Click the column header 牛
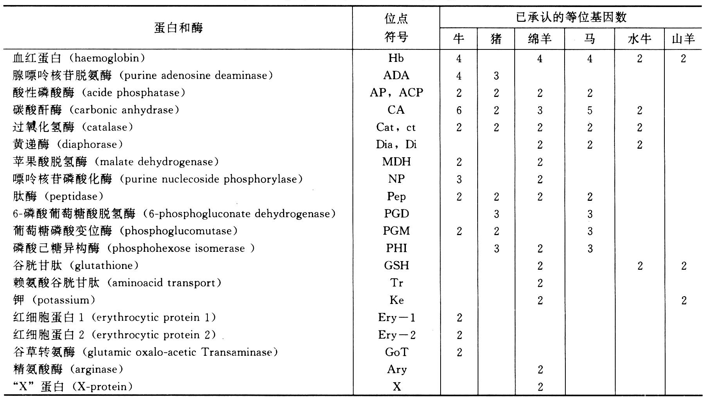pyautogui.click(x=459, y=39)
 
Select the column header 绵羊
pyautogui.click(x=539, y=39)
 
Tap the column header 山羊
pyautogui.click(x=683, y=39)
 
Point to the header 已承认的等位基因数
pyautogui.click(x=571, y=17)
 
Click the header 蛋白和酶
pyautogui.click(x=178, y=28)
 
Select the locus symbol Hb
pyautogui.click(x=396, y=58)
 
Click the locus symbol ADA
pyautogui.click(x=396, y=76)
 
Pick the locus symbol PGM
pyautogui.click(x=396, y=231)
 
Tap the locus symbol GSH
pyautogui.click(x=396, y=265)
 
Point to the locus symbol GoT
pyautogui.click(x=396, y=352)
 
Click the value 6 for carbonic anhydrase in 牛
pyautogui.click(x=459, y=111)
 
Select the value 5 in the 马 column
pyautogui.click(x=590, y=111)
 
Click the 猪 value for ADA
pyautogui.click(x=496, y=76)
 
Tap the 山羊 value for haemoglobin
pyautogui.click(x=683, y=59)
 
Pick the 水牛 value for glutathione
pyautogui.click(x=639, y=266)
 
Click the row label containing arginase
pyautogui.click(x=68, y=369)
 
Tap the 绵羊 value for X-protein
pyautogui.click(x=540, y=387)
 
